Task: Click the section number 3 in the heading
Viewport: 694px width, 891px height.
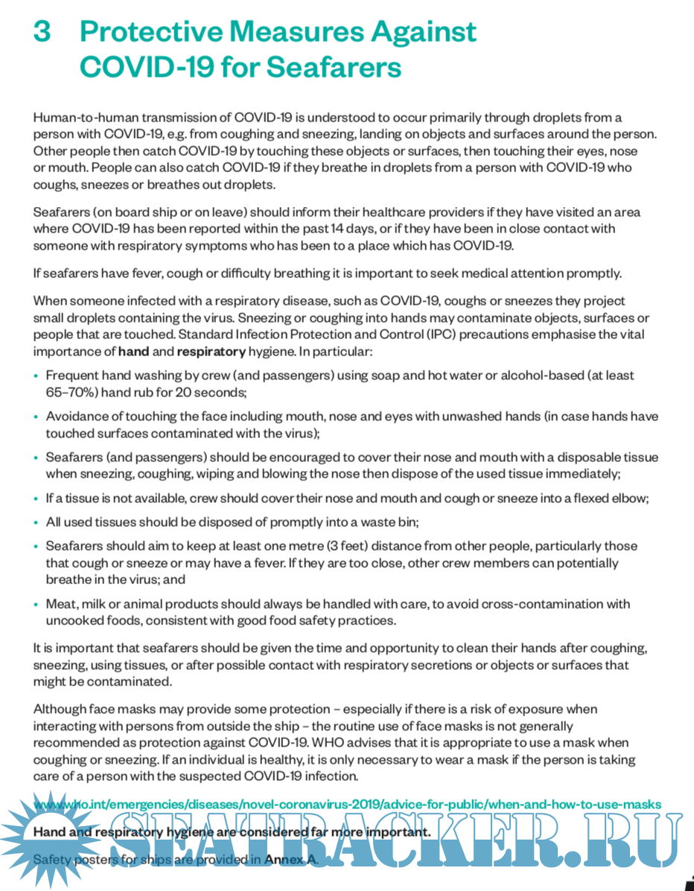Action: point(42,33)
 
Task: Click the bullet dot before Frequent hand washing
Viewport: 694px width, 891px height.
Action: point(36,376)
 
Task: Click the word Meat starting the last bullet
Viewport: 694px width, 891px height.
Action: point(61,603)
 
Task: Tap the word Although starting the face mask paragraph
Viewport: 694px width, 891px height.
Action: point(60,709)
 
